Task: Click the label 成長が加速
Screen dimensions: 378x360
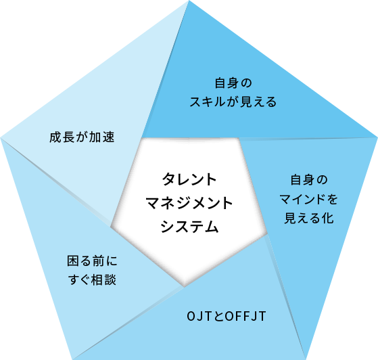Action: click(x=82, y=137)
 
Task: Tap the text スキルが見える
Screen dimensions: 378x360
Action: click(x=233, y=102)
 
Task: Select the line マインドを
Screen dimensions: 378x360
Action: click(x=309, y=200)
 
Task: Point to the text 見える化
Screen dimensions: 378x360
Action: click(x=309, y=218)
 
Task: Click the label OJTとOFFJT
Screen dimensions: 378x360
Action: click(x=227, y=316)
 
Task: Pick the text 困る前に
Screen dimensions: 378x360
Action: click(x=92, y=261)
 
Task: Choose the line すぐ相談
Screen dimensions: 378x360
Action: click(x=92, y=280)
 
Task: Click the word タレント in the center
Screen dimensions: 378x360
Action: click(x=189, y=179)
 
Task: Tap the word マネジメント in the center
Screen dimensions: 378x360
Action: click(x=189, y=203)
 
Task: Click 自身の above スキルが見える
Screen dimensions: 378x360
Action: click(x=233, y=83)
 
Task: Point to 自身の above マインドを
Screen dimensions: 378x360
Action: click(x=309, y=180)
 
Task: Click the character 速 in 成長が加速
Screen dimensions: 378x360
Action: click(x=108, y=137)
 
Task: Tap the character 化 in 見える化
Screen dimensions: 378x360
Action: click(x=327, y=218)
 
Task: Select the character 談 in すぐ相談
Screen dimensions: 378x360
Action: click(x=110, y=280)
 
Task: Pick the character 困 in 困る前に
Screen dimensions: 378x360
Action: click(x=73, y=261)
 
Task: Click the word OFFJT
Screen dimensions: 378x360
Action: click(x=245, y=316)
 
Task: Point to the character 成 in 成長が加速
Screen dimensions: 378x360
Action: click(x=55, y=137)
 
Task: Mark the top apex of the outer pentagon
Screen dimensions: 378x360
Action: click(x=189, y=1)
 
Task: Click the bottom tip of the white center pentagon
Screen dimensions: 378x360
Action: click(x=184, y=287)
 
